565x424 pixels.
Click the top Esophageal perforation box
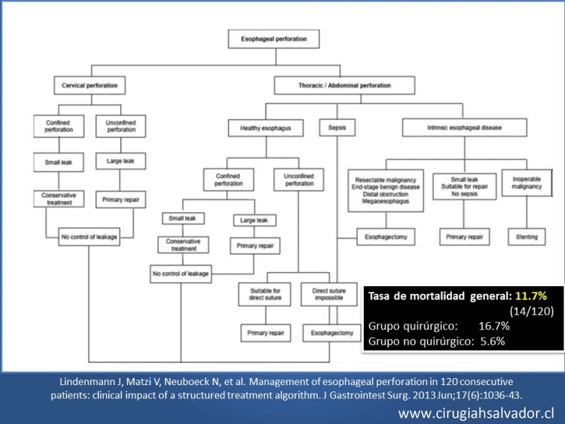pyautogui.click(x=274, y=39)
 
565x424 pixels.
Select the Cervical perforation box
pyautogui.click(x=90, y=86)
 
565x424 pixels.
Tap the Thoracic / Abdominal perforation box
pyautogui.click(x=345, y=86)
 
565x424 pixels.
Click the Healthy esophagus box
pyautogui.click(x=266, y=128)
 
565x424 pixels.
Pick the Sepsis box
pyautogui.click(x=338, y=128)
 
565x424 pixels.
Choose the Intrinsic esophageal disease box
pyautogui.click(x=465, y=128)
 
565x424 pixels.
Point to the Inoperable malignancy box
pyautogui.click(x=527, y=183)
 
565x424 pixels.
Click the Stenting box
pyautogui.click(x=527, y=237)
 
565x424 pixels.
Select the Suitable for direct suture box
pyautogui.click(x=265, y=294)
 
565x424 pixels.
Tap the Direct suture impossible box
pyautogui.click(x=329, y=294)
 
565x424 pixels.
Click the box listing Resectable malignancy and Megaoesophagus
pyautogui.click(x=386, y=190)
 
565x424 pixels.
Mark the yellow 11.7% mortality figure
pyautogui.click(x=531, y=296)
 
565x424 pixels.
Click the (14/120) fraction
pyautogui.click(x=532, y=311)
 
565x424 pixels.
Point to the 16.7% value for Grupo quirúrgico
pyautogui.click(x=494, y=326)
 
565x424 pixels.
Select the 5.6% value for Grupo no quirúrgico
pyautogui.click(x=492, y=341)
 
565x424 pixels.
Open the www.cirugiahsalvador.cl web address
pyautogui.click(x=476, y=413)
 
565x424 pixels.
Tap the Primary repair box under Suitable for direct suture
pyautogui.click(x=266, y=333)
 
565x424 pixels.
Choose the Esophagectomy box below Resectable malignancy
pyautogui.click(x=386, y=237)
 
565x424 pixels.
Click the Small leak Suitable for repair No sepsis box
pyautogui.click(x=465, y=187)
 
